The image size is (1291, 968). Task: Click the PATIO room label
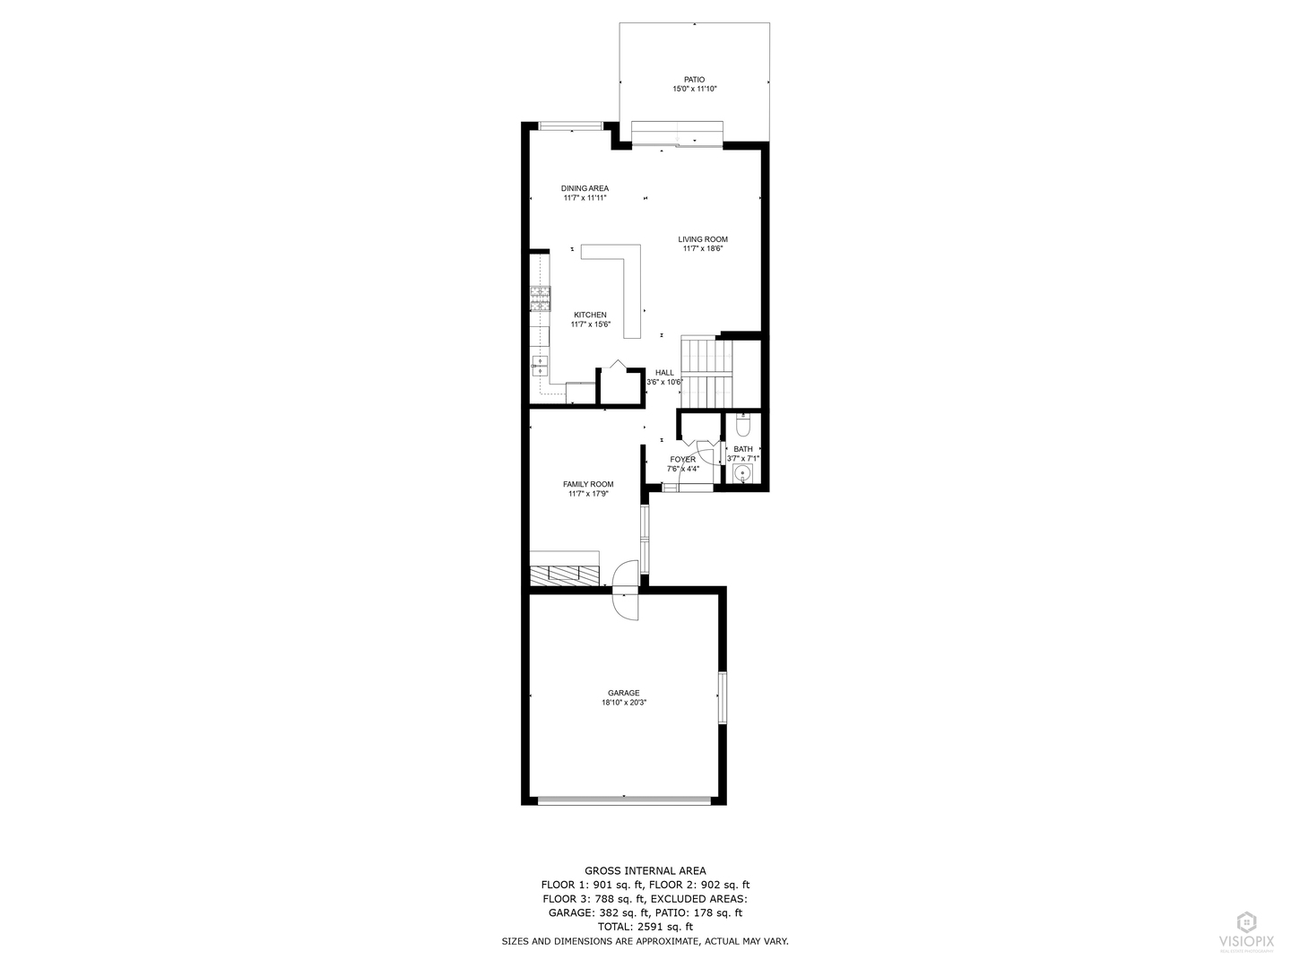695,80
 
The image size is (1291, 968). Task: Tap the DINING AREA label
585,188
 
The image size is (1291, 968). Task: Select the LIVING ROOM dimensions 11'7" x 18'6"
703,249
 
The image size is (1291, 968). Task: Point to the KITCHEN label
590,315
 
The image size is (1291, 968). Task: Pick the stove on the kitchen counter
540,297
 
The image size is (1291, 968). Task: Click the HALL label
664,373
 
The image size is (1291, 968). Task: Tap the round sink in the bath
741,473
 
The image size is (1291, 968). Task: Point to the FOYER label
682,460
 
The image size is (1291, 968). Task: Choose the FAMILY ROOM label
588,484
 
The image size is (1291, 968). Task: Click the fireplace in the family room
565,574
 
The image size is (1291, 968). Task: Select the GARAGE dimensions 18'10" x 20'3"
624,703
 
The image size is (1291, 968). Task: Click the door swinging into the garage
625,605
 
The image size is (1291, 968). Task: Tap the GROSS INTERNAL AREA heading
645,870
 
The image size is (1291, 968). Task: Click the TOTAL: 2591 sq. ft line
645,927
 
